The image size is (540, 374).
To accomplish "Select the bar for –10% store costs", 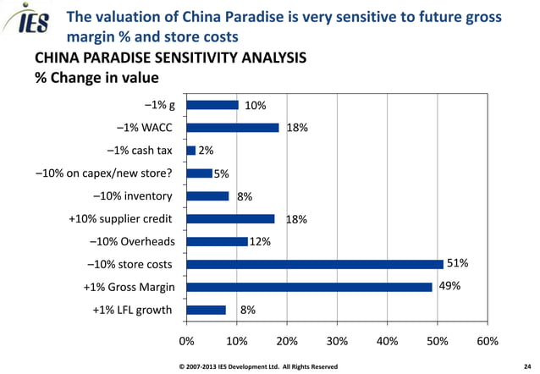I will coord(314,264).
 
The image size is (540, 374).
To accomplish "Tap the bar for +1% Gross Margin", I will coord(309,287).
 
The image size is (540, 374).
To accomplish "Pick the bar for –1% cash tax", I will coord(191,151).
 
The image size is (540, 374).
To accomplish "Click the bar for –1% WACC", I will coord(233,128).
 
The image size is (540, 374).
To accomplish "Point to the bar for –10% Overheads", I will coord(217,241).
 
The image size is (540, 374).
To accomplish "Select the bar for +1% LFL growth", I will coord(206,310).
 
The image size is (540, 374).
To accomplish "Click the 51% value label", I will coord(458,263).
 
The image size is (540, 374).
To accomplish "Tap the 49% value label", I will coord(449,286).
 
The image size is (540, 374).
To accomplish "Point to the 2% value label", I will coord(206,151).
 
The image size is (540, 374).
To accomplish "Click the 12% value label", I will coord(260,242).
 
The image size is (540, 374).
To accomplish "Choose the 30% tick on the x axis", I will coord(337,341).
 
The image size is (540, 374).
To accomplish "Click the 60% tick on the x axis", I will coord(487,341).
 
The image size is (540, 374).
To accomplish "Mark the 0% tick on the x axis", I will coord(186,341).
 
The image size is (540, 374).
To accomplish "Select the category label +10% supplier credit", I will coord(120,218).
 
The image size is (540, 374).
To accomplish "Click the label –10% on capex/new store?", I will coord(104,173).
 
